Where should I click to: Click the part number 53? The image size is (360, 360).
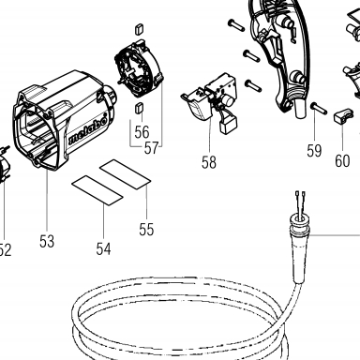point(47,241)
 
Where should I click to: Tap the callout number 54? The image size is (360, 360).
point(103,248)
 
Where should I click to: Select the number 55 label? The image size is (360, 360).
point(146,229)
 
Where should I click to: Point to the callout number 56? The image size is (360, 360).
point(142,131)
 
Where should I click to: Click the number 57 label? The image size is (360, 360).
point(152,148)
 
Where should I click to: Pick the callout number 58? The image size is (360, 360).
point(209,162)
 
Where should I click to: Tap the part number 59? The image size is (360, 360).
point(314,151)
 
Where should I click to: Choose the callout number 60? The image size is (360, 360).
point(342,161)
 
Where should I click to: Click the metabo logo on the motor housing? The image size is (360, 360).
point(87,133)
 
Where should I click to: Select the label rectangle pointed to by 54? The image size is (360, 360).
point(97,190)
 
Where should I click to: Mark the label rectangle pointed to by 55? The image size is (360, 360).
point(126,174)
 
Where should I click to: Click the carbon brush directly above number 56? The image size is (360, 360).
point(139,108)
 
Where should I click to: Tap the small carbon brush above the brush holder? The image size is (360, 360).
point(140,29)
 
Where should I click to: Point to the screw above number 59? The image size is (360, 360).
point(319,109)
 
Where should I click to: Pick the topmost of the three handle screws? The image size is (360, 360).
point(236,24)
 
